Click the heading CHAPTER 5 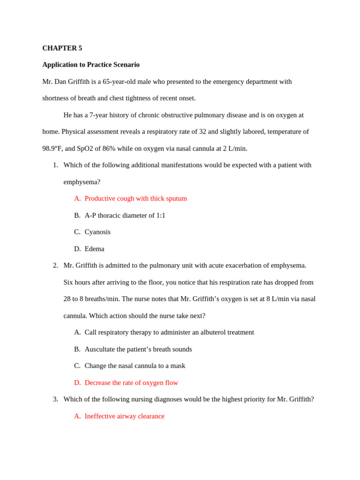(62, 48)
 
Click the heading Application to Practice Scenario (91, 65)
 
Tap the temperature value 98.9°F (52, 149)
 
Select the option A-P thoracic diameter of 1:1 (125, 215)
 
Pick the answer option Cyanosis (97, 232)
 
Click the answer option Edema (94, 249)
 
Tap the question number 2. (55, 265)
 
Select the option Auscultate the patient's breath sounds (138, 349)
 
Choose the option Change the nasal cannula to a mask (135, 366)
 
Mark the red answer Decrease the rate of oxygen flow (131, 382)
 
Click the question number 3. (55, 399)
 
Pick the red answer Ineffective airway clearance (124, 416)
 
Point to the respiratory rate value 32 (202, 132)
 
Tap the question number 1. (55, 165)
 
